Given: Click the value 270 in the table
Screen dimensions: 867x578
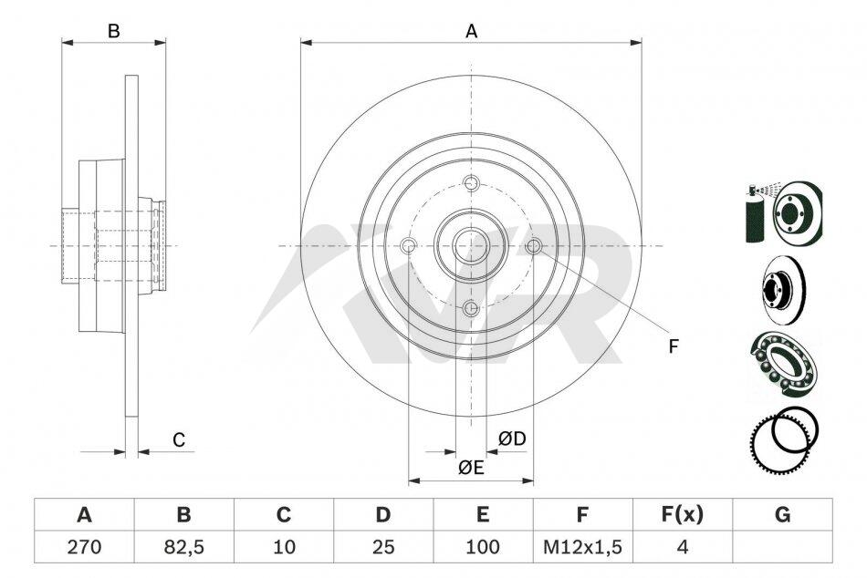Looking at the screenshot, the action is (84, 547).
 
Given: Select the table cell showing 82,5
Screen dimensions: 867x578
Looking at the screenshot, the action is (184, 547).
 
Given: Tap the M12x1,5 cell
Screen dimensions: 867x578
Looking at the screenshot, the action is (583, 547).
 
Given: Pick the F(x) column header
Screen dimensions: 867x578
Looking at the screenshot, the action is (683, 514).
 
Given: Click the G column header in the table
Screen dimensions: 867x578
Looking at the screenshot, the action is (782, 514).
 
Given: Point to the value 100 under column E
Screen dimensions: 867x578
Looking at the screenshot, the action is (483, 547).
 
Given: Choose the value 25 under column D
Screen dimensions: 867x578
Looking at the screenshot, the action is (383, 547).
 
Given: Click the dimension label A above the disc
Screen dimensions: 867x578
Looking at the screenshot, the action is (471, 32).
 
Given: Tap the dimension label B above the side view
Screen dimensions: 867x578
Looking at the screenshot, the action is (113, 32).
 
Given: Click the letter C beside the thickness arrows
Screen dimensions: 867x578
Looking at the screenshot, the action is (179, 439).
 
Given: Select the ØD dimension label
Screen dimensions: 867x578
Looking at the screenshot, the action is (511, 439).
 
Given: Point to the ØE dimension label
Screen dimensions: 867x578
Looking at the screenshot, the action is (471, 468).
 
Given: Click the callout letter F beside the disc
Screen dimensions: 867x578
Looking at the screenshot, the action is (673, 346).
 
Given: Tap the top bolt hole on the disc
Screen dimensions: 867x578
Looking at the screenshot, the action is (471, 182).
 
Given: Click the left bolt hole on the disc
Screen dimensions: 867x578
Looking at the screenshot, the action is (409, 245).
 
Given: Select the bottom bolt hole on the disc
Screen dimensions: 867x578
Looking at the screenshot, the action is (471, 308).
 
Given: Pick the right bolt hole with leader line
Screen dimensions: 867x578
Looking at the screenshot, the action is (534, 245).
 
